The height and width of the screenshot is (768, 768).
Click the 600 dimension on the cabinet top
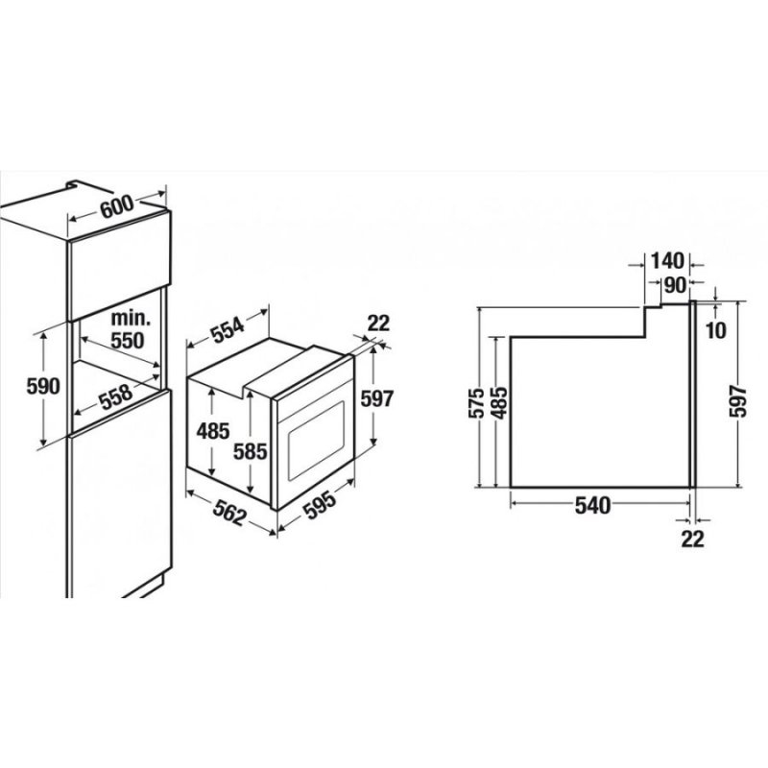[x=116, y=206]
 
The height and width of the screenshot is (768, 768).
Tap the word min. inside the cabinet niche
[x=131, y=319]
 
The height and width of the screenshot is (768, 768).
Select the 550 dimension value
[x=128, y=340]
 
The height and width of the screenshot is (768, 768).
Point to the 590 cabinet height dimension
[x=43, y=387]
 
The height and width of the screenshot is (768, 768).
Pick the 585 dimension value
[x=251, y=451]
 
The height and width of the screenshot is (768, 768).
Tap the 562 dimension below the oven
[x=228, y=514]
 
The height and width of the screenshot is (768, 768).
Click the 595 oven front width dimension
[x=320, y=505]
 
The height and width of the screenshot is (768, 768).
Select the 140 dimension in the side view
[x=666, y=261]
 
